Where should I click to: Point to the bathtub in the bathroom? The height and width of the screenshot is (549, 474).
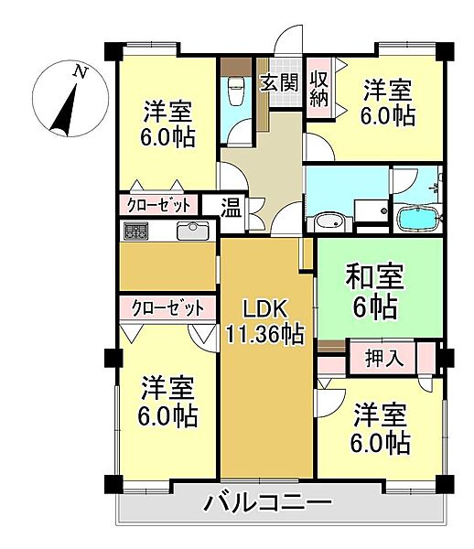[418, 219]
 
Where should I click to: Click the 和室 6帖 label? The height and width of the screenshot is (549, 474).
[372, 290]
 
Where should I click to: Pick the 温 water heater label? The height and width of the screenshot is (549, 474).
[232, 207]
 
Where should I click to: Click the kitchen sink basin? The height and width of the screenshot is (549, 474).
[192, 231]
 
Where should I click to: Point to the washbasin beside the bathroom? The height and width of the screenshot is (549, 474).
[327, 221]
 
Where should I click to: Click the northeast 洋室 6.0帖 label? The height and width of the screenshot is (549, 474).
[388, 102]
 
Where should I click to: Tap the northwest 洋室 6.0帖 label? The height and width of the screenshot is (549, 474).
[168, 124]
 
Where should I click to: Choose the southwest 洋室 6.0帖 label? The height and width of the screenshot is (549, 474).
[168, 402]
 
